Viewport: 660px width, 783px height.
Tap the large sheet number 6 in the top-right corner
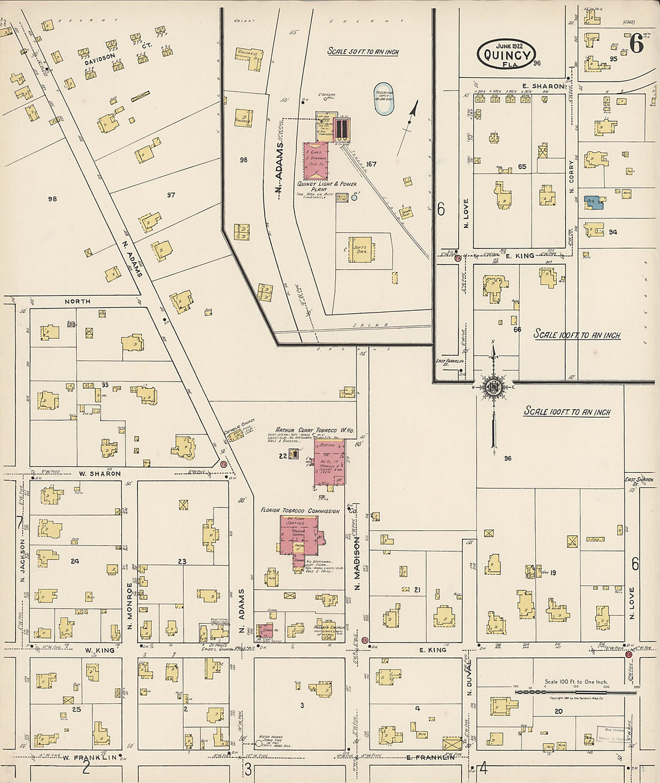coord(637,43)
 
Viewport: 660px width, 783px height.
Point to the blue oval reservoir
coord(384,99)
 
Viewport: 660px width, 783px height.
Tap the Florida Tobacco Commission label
coord(299,511)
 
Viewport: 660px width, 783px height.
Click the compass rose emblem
coord(493,386)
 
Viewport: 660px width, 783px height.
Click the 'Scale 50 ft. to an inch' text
coord(363,52)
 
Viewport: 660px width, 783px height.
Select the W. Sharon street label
coord(100,473)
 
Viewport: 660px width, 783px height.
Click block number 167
coord(371,164)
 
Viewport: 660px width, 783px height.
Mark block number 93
coord(105,385)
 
